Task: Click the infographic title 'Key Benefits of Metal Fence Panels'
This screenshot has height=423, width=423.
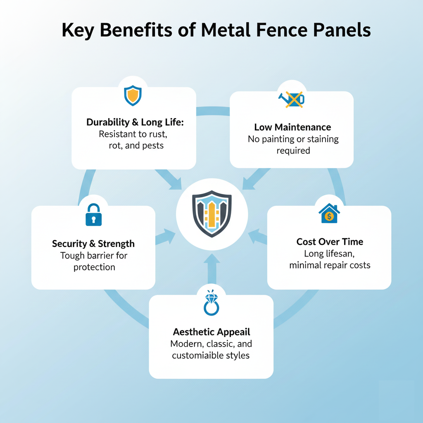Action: point(216,31)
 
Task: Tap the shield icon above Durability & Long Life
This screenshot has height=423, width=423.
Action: point(133,95)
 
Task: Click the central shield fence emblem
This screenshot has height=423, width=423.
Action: point(212,214)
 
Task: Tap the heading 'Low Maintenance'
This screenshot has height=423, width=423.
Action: point(292,127)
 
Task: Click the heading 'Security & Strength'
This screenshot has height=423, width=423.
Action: point(93,244)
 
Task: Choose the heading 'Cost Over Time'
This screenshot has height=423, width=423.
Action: point(330,242)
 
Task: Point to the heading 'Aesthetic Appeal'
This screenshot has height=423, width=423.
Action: point(211,332)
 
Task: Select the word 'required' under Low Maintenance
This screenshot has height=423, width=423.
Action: point(293,150)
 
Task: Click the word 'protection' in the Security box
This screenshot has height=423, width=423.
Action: point(94,267)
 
